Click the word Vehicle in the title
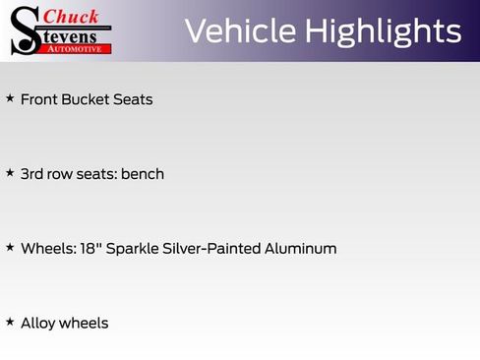tap(241, 30)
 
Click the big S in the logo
tap(24, 30)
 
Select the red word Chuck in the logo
tap(72, 16)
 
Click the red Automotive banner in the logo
tap(74, 48)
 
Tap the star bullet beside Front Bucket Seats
tap(10, 98)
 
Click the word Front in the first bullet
tap(38, 99)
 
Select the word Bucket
tap(86, 99)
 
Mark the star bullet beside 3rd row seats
tap(10, 172)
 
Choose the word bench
tap(143, 174)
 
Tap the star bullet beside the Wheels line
tap(10, 247)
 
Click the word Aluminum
tap(301, 248)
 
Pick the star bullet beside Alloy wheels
tap(10, 321)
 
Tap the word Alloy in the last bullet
tap(36, 323)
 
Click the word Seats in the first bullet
tap(133, 99)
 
